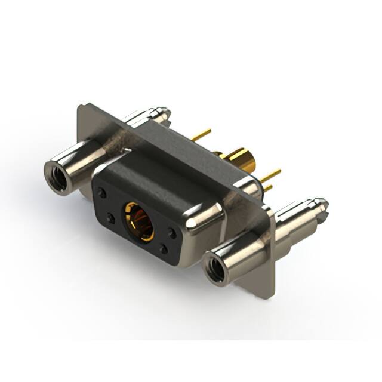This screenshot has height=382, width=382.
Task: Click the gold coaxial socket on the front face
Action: tap(138, 220)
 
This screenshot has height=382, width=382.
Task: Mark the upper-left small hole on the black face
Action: tap(103, 193)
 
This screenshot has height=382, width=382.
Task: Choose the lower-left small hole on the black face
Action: tap(109, 218)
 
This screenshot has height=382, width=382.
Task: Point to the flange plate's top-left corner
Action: tap(81, 107)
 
